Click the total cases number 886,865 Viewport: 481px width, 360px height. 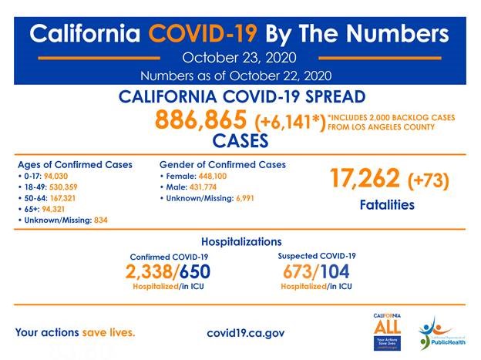pos(201,120)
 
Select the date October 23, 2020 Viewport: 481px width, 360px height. pos(240,57)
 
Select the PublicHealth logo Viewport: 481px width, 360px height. pos(442,332)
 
